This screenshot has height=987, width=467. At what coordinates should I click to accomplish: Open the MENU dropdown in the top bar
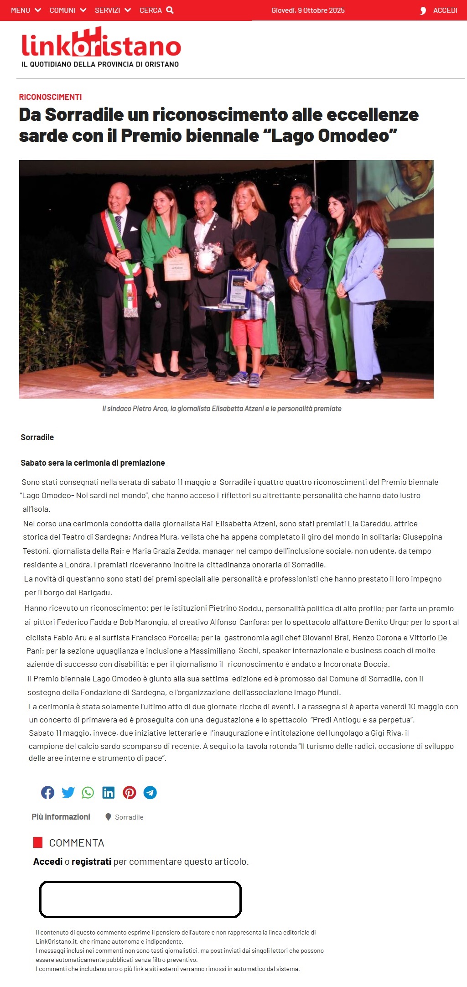tap(26, 10)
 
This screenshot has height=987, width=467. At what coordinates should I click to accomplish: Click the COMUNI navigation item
tap(67, 10)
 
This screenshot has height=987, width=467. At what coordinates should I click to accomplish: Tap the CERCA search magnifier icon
tap(170, 10)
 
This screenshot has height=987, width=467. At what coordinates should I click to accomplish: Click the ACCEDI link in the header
tap(445, 10)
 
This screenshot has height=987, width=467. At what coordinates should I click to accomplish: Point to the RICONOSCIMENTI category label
tap(50, 97)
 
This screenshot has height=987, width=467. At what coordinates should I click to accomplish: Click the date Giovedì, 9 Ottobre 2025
tap(308, 10)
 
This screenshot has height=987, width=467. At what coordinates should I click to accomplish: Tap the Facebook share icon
tap(47, 792)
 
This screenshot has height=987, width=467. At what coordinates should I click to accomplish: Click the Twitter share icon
tap(68, 792)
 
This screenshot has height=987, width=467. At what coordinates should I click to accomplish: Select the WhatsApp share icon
tap(88, 792)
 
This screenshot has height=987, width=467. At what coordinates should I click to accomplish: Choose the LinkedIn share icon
tap(109, 792)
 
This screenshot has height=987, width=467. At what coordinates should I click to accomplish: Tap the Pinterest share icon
tap(130, 792)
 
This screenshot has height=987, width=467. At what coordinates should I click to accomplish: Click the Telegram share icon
tap(150, 792)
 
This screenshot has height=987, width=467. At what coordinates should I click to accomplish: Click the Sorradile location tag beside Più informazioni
tap(129, 817)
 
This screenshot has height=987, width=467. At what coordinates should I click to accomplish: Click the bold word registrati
tap(91, 861)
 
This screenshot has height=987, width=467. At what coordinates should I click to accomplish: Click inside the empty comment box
tap(140, 899)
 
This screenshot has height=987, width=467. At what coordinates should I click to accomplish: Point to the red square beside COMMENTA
tap(38, 842)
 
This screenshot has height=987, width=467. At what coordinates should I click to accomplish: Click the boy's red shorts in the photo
tap(248, 332)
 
